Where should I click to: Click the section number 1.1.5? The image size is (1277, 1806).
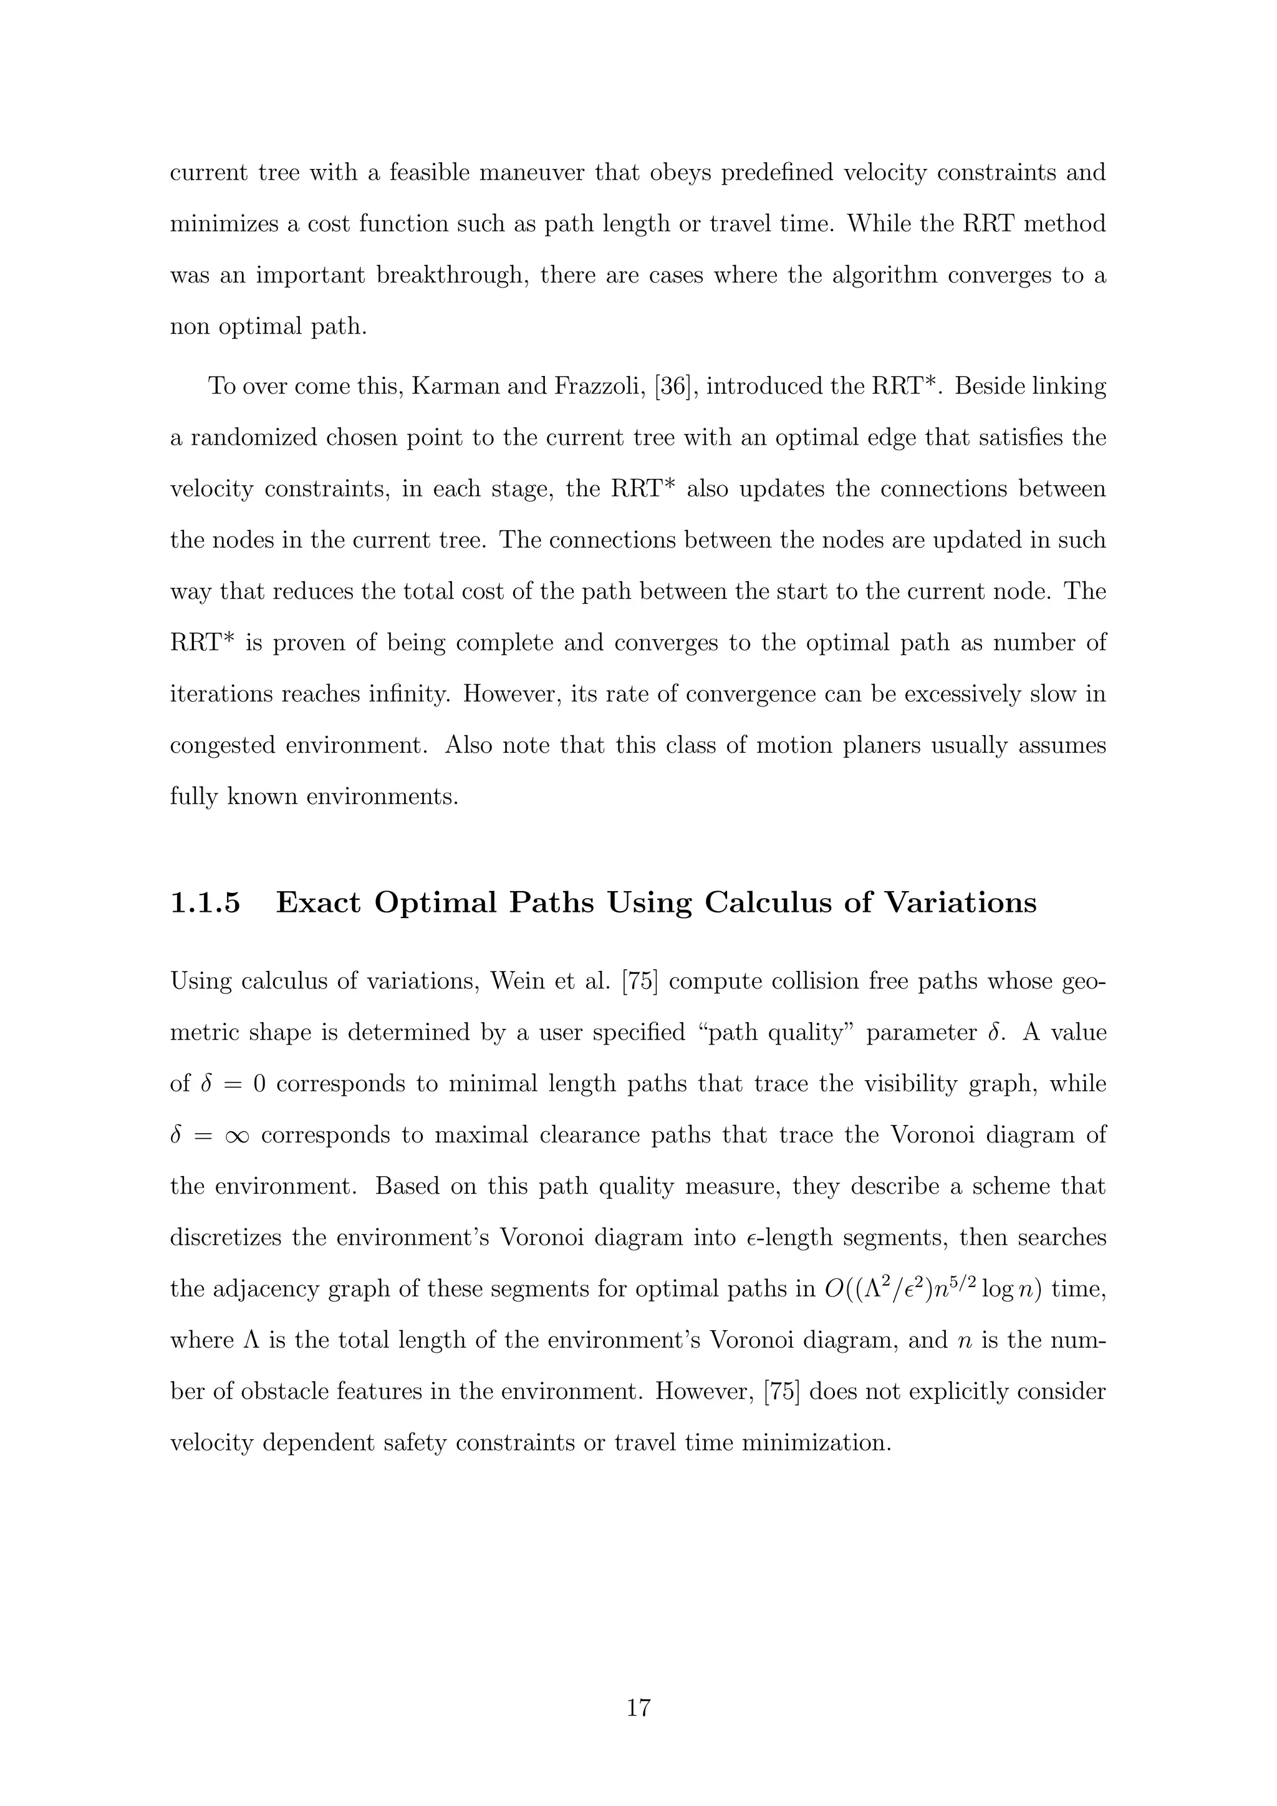tap(205, 902)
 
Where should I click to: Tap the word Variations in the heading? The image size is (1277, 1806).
tap(960, 902)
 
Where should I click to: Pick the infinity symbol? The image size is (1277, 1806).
tap(232, 1136)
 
